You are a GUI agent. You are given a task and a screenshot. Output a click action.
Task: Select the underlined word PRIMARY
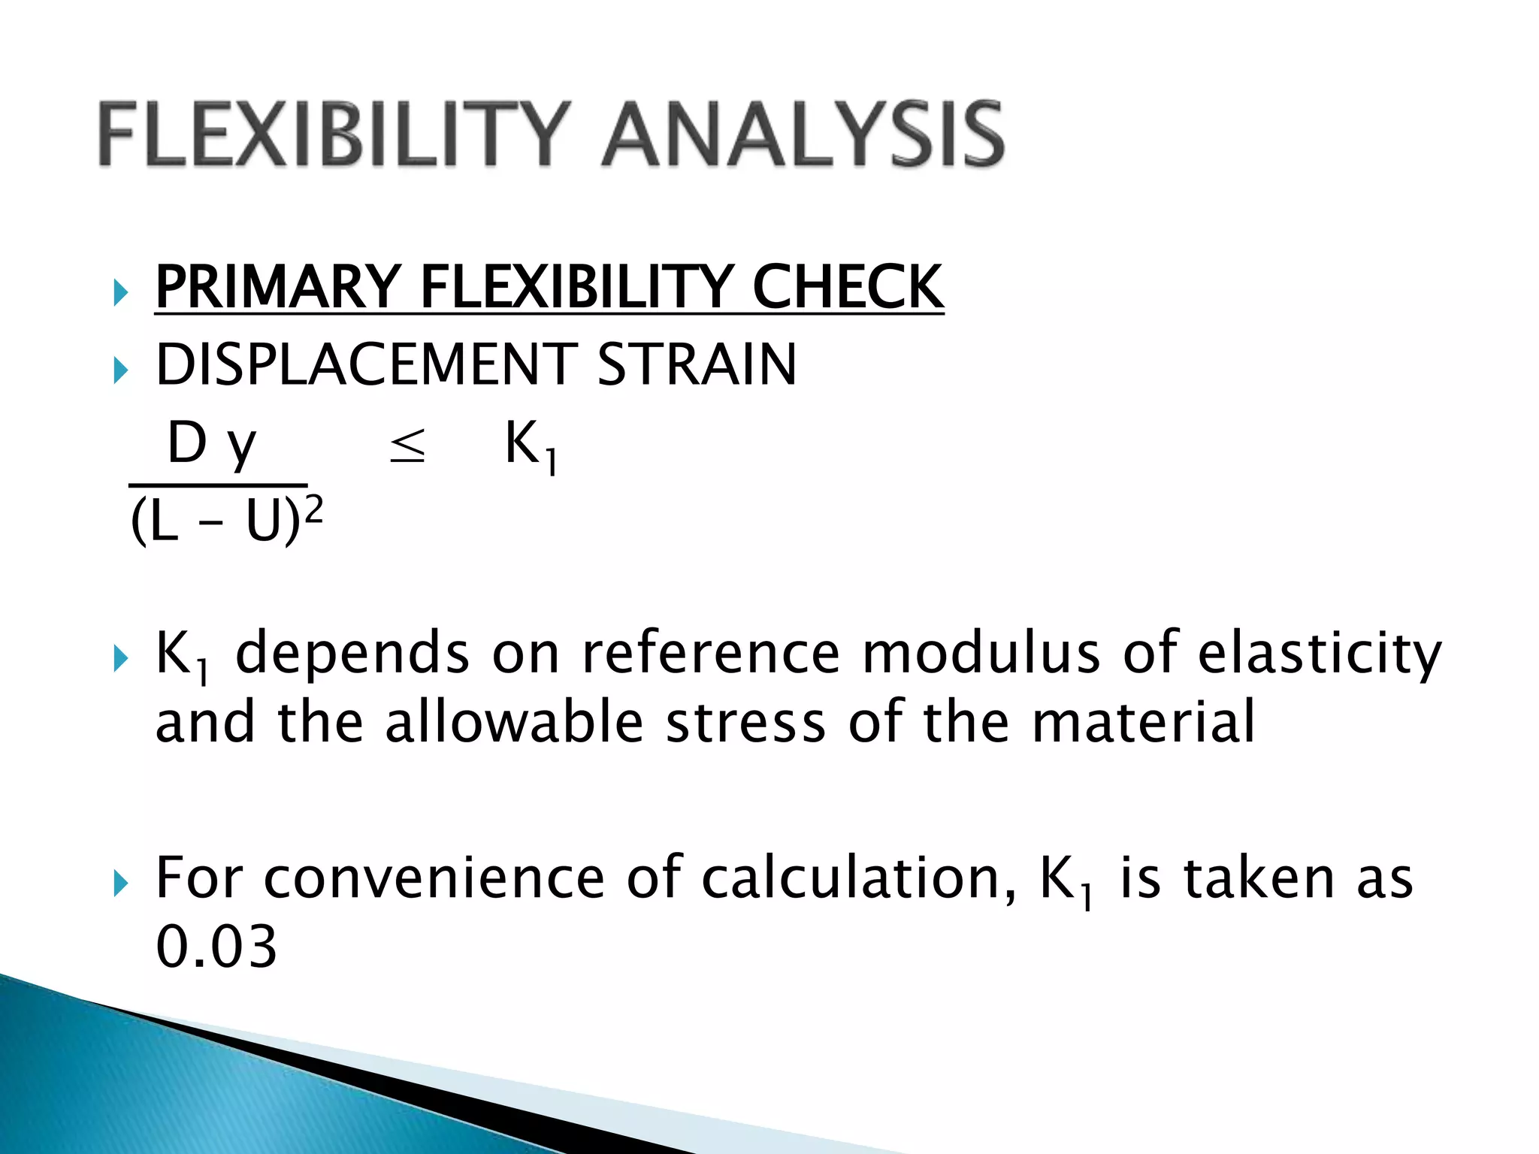click(277, 287)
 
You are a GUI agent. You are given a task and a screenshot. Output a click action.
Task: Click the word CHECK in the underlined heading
click(848, 287)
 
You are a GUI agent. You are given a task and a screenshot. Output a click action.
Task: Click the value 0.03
click(216, 947)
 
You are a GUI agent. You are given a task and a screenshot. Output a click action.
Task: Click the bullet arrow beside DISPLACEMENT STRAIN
click(120, 370)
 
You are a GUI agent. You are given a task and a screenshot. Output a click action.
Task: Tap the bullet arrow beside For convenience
click(120, 884)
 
